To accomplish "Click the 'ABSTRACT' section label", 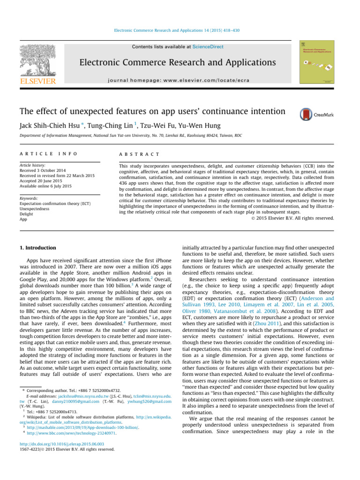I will [139, 154].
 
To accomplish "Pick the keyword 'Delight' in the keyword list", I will [27, 214].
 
